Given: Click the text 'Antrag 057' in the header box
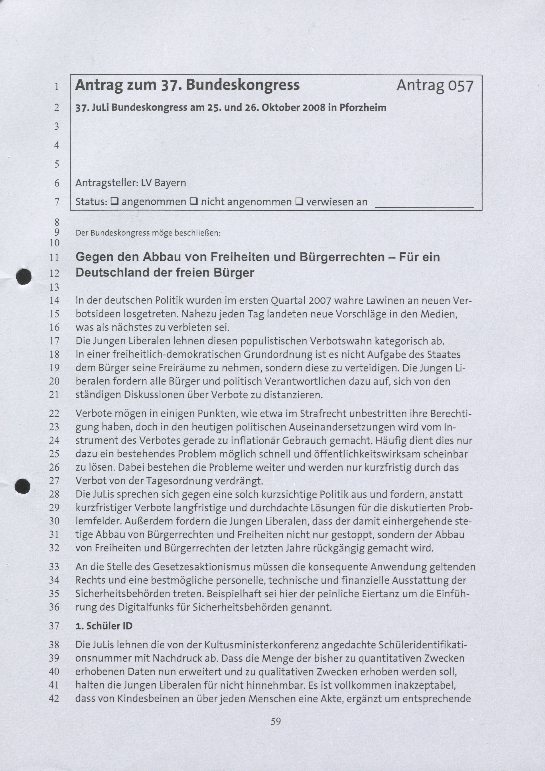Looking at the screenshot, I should [x=435, y=86].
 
